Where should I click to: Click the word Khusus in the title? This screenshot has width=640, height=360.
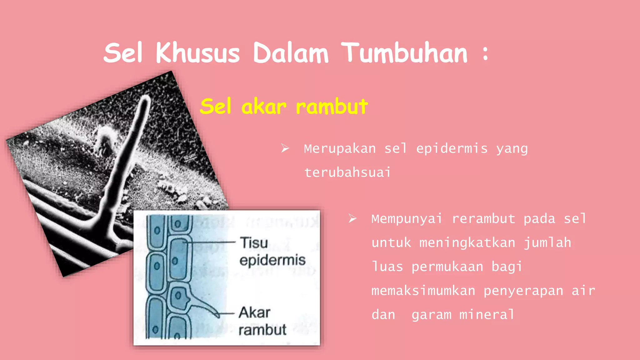click(197, 53)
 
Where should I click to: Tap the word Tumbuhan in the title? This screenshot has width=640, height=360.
click(405, 53)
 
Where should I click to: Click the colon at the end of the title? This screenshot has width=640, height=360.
click(485, 53)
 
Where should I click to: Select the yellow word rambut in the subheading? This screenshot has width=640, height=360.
click(332, 107)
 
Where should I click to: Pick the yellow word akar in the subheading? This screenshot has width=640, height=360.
click(264, 107)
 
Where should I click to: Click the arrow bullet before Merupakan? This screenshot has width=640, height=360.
click(285, 148)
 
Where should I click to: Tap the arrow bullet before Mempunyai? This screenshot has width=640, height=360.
click(352, 218)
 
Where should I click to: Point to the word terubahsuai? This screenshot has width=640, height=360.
click(347, 172)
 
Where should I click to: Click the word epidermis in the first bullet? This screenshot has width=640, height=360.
click(452, 149)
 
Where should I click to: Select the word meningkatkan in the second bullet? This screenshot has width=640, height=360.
click(467, 243)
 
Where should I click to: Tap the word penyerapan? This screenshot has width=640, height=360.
click(523, 291)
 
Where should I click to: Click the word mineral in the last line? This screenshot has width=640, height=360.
click(487, 315)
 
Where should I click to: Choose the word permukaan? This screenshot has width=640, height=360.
click(447, 267)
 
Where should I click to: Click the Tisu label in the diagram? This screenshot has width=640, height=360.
click(254, 243)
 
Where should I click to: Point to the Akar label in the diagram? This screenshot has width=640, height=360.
click(254, 312)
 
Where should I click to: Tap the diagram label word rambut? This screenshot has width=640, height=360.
click(262, 330)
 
